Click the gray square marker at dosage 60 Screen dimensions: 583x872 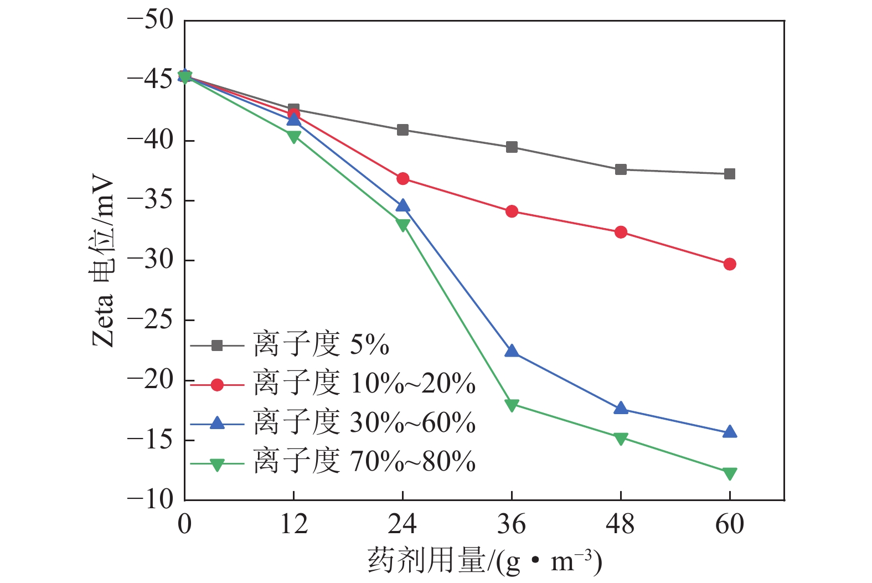[730, 174]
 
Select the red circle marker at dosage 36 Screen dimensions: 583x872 [512, 211]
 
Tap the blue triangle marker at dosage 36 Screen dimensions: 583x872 [512, 352]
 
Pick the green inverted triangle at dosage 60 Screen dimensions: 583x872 [730, 473]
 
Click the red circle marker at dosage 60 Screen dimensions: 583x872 [730, 264]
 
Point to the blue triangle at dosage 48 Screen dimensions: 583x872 [621, 409]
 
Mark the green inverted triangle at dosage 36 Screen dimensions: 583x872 [512, 405]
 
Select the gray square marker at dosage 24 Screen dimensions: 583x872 [403, 130]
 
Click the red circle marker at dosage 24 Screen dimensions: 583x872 [403, 179]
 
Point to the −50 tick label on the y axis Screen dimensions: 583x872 [151, 20]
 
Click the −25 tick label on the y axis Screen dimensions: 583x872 [151, 320]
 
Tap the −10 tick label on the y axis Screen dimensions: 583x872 [151, 499]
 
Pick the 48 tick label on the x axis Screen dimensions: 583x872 [621, 524]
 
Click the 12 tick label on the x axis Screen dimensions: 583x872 [293, 524]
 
